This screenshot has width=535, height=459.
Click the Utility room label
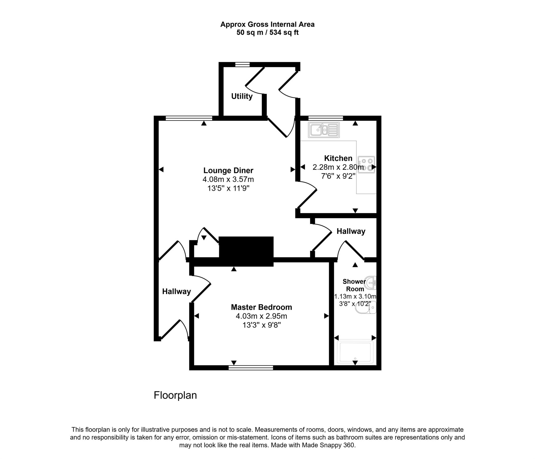(242, 96)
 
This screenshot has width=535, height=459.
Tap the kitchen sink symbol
(324, 130)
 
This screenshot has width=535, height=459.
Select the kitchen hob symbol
(367, 164)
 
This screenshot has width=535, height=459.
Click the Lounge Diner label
(228, 170)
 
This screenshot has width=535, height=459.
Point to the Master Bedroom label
(261, 307)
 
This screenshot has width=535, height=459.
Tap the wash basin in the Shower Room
(371, 283)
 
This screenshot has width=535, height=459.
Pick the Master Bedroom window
(251, 368)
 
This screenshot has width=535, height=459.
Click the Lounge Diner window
(189, 118)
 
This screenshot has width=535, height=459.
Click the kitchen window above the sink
(325, 118)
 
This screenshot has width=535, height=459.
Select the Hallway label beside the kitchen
(351, 231)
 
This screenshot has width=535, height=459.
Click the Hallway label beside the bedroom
(176, 291)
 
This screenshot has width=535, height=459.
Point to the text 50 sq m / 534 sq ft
(267, 33)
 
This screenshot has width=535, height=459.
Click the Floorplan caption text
(175, 395)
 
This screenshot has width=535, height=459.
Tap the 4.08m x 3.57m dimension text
(228, 180)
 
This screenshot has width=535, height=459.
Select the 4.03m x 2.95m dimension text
(261, 316)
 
